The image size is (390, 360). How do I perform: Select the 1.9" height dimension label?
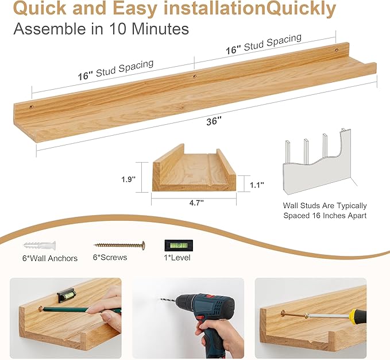[128, 179]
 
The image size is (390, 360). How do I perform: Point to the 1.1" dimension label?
[257, 185]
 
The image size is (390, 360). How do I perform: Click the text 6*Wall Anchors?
[49, 258]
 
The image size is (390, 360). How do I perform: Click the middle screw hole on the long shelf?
[194, 76]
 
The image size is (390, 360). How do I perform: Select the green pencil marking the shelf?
[80, 310]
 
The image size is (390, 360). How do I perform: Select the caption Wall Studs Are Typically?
[325, 205]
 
